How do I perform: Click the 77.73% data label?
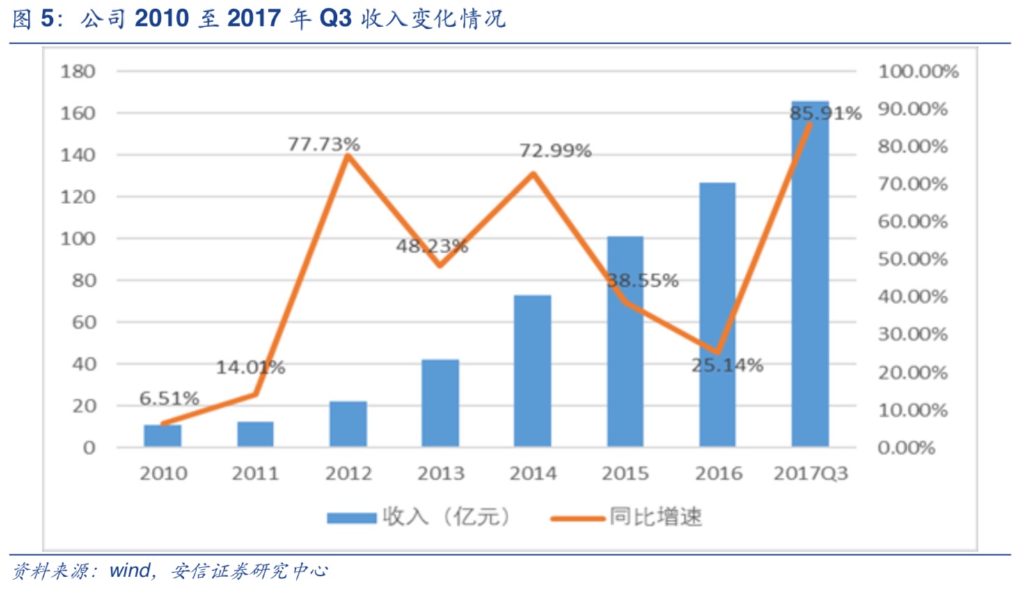tap(324, 144)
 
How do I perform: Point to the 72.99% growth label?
tap(555, 150)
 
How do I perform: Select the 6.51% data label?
tap(169, 398)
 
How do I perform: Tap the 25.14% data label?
tap(727, 365)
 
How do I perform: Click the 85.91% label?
tap(825, 113)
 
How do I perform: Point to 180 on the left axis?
tap(78, 71)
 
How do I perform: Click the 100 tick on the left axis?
tap(78, 238)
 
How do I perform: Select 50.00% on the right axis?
tap(913, 259)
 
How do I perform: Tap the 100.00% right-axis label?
tap(918, 71)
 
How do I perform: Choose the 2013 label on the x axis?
tap(441, 473)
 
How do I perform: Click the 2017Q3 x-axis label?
tap(811, 473)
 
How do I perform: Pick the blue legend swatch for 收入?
tap(351, 517)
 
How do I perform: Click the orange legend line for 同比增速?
tap(577, 518)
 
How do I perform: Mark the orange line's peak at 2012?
tap(348, 155)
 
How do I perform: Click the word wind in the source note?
tap(129, 571)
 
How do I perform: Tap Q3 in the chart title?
tap(335, 18)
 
